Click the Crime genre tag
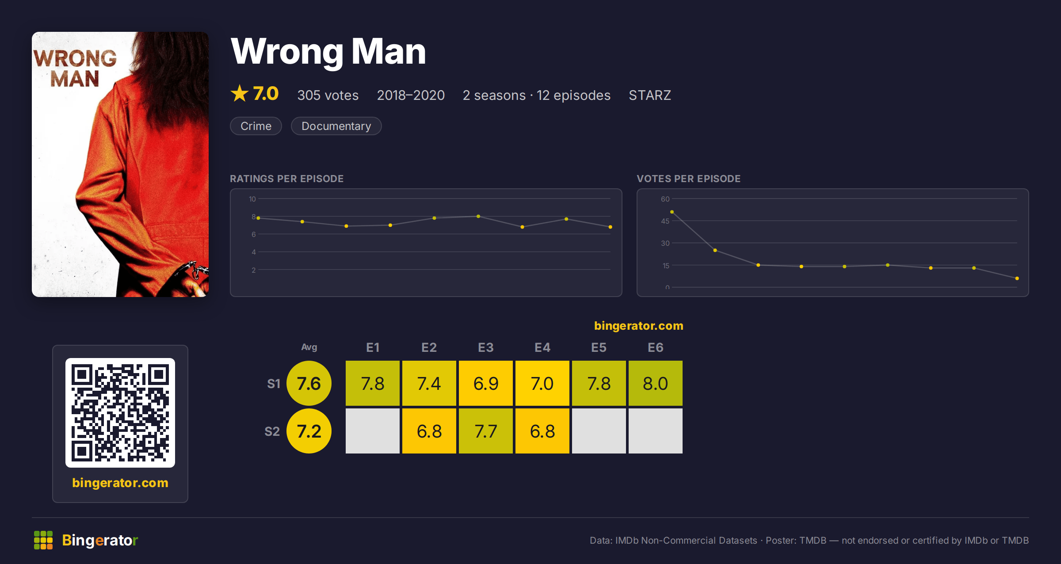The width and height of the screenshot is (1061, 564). click(256, 126)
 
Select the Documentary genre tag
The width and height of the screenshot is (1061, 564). click(336, 126)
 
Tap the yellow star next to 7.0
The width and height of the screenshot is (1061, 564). click(240, 93)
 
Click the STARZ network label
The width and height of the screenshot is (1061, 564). click(650, 95)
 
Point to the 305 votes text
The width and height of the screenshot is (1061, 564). click(328, 95)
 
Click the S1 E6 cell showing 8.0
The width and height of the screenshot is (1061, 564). click(656, 383)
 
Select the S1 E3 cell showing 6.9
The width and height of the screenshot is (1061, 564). click(486, 383)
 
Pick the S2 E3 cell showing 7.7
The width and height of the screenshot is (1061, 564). click(486, 431)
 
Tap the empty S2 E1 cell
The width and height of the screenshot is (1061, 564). click(373, 431)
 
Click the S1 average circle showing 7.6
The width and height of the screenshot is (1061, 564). click(309, 383)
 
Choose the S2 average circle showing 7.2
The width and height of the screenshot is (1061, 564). click(309, 431)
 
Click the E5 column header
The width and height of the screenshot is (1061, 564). click(599, 347)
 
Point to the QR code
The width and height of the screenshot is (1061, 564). click(120, 413)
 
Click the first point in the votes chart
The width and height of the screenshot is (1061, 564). click(672, 212)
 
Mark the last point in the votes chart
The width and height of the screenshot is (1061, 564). click(1017, 278)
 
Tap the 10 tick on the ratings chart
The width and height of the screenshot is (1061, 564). click(252, 199)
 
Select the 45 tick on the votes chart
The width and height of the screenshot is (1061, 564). click(665, 221)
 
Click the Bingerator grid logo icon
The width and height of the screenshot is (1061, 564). click(43, 540)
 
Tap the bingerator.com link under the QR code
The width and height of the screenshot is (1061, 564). click(120, 483)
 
